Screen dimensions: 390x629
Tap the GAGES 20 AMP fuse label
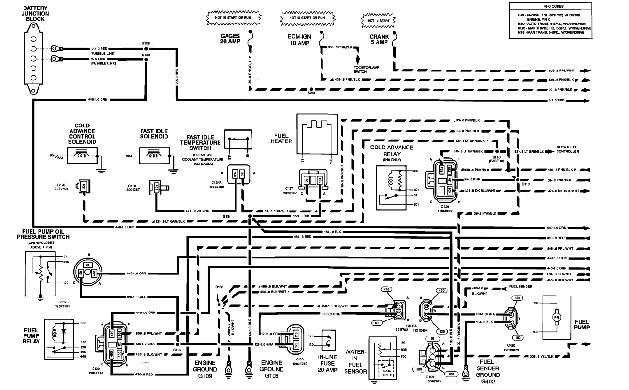230,39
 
